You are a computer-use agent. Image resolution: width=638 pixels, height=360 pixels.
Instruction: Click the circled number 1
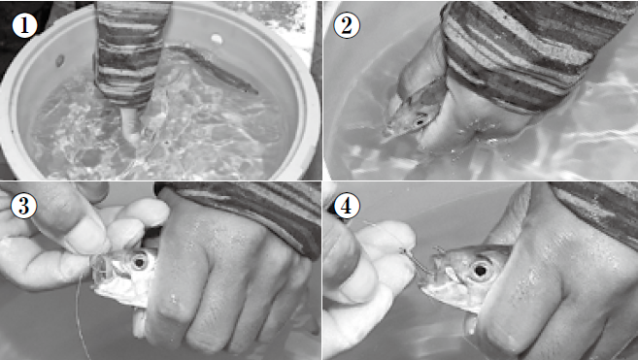(x=24, y=25)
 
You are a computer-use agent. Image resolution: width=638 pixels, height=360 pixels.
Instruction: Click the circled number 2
(x=347, y=25)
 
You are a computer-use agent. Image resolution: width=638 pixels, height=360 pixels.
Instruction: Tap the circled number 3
(x=23, y=206)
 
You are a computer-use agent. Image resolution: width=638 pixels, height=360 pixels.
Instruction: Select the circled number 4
(x=347, y=206)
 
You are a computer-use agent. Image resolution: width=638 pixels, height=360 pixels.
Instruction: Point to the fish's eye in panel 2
(x=420, y=120)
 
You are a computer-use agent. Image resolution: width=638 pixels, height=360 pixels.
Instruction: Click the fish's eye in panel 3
(x=140, y=262)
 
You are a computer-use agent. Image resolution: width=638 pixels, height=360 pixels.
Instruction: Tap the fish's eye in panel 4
(x=480, y=270)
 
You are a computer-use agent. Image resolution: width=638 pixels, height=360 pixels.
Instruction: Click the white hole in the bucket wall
(x=217, y=39)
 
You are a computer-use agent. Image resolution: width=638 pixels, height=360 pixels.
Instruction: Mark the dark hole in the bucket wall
(x=60, y=61)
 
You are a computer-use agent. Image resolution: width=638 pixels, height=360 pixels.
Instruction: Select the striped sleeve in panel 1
(x=129, y=52)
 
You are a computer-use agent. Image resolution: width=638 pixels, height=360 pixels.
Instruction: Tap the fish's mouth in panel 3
(x=101, y=272)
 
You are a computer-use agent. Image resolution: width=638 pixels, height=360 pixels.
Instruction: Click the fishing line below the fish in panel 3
(x=82, y=317)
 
